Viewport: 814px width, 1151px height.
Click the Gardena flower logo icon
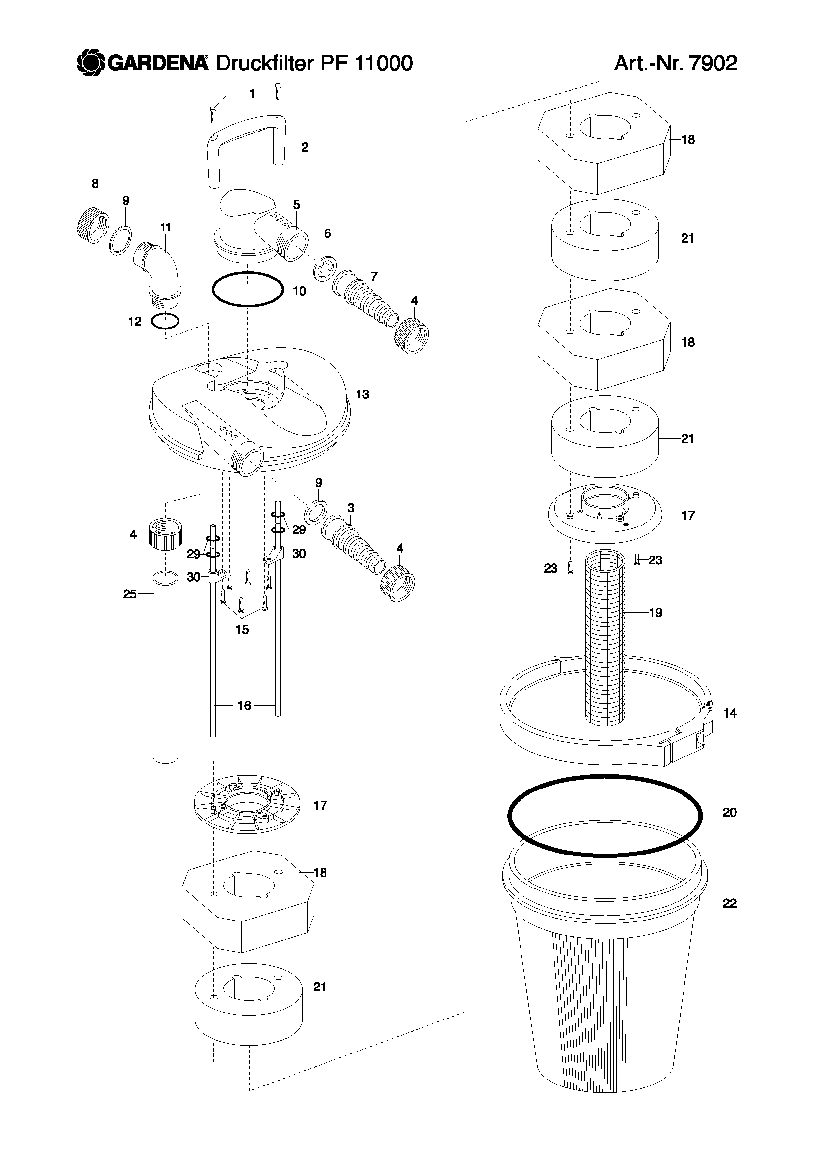point(91,64)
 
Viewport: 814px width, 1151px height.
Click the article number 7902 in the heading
point(713,63)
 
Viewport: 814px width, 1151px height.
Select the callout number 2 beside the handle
point(305,147)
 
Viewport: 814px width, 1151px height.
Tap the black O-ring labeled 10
point(247,289)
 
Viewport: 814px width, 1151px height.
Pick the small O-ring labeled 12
point(165,321)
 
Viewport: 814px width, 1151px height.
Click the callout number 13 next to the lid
point(362,395)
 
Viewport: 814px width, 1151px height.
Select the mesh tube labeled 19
point(606,639)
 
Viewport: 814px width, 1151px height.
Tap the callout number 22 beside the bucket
point(729,903)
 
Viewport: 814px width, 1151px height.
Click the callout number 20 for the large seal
point(729,812)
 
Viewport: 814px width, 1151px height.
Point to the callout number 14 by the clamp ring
point(730,713)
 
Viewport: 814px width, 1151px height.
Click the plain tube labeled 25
point(165,667)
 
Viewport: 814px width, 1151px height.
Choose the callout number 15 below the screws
point(242,629)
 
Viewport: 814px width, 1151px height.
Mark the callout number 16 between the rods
point(244,706)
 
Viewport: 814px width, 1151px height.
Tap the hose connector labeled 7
point(366,300)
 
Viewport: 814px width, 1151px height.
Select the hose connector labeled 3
point(353,547)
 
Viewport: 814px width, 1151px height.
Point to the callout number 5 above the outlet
point(297,204)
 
